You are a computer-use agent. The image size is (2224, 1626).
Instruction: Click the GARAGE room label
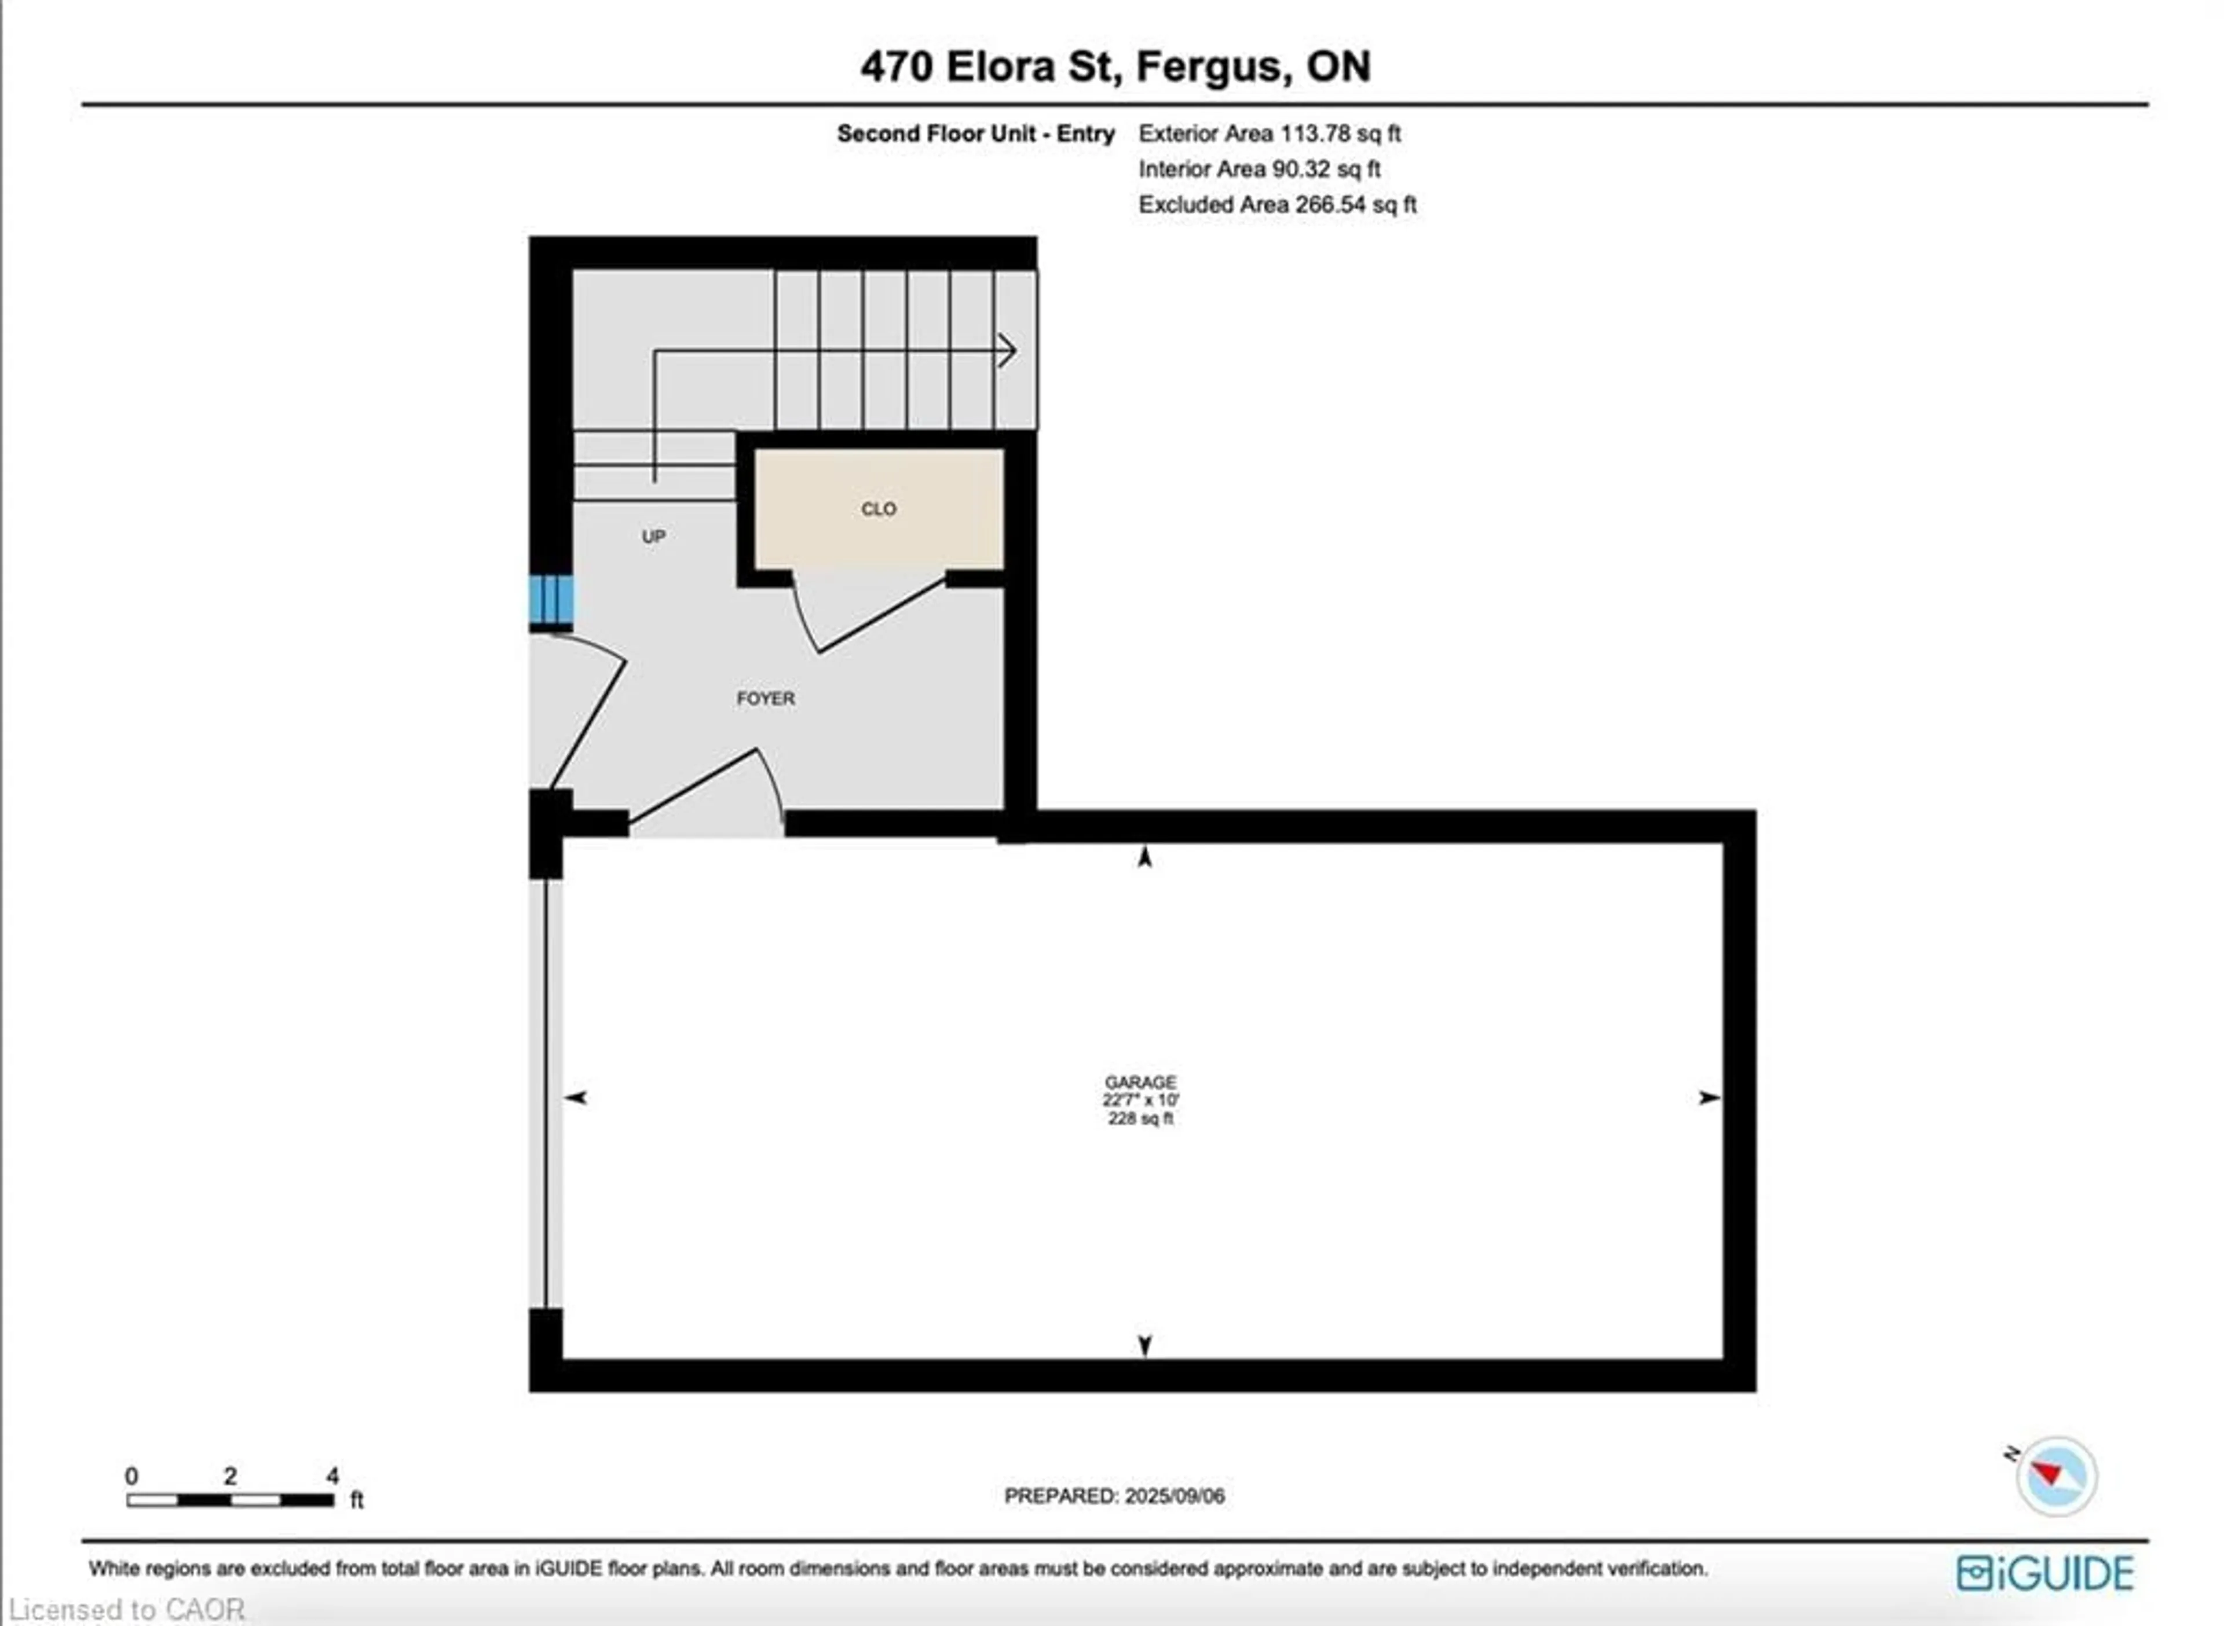pyautogui.click(x=1140, y=1082)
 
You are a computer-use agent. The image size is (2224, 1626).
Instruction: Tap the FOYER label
pyautogui.click(x=765, y=698)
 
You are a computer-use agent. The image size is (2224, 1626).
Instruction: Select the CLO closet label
pyautogui.click(x=878, y=509)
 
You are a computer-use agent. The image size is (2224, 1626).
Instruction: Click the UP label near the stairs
pyautogui.click(x=654, y=537)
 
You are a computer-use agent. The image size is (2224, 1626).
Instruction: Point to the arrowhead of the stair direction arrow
pyautogui.click(x=1008, y=350)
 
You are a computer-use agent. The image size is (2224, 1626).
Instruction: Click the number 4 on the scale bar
pyautogui.click(x=333, y=1475)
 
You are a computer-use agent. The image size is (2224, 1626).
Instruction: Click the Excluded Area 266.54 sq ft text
pyautogui.click(x=1277, y=205)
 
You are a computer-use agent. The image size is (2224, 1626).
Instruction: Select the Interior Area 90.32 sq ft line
pyautogui.click(x=1259, y=169)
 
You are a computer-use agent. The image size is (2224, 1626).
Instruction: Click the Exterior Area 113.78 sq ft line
pyautogui.click(x=1269, y=134)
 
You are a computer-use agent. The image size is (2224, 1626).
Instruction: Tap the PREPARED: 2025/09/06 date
pyautogui.click(x=1114, y=1496)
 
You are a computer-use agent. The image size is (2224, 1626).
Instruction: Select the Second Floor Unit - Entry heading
pyautogui.click(x=975, y=134)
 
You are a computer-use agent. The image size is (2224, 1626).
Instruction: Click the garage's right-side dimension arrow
pyautogui.click(x=1709, y=1098)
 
